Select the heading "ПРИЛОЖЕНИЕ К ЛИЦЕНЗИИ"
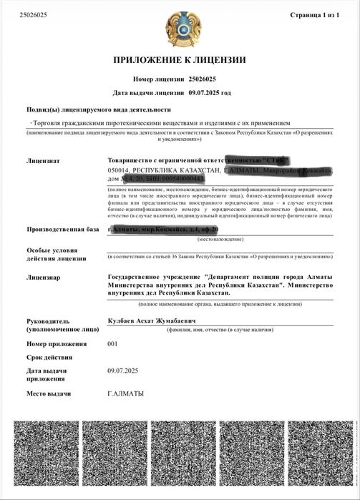[x=180, y=59]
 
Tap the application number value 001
[x=112, y=343]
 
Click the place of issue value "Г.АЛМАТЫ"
[x=125, y=393]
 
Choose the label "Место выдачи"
[x=49, y=394]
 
